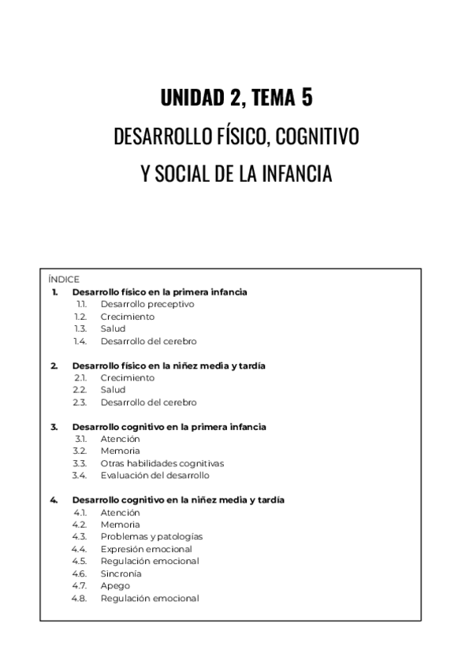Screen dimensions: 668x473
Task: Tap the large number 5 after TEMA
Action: click(307, 98)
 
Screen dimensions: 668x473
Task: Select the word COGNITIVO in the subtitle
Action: click(319, 136)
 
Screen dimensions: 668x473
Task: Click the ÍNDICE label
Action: click(63, 279)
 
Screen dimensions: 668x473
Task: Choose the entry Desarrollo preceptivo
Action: click(147, 304)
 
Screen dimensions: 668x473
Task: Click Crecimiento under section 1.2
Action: click(127, 317)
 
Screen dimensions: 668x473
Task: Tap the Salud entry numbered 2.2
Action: click(113, 390)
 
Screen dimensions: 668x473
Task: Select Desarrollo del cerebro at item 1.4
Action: click(148, 341)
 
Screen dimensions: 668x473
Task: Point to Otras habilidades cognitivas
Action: click(162, 463)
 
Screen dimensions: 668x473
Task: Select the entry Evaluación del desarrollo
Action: click(155, 475)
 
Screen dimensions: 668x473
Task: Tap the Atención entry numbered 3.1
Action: click(120, 439)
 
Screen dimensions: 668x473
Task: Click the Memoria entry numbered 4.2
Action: click(120, 525)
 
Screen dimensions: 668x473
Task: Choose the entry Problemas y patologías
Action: click(151, 536)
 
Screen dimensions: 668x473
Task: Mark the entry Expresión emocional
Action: click(146, 549)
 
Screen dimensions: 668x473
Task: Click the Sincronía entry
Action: click(121, 573)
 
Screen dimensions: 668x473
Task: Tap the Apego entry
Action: click(115, 586)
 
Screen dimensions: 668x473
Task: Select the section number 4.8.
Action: click(79, 598)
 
